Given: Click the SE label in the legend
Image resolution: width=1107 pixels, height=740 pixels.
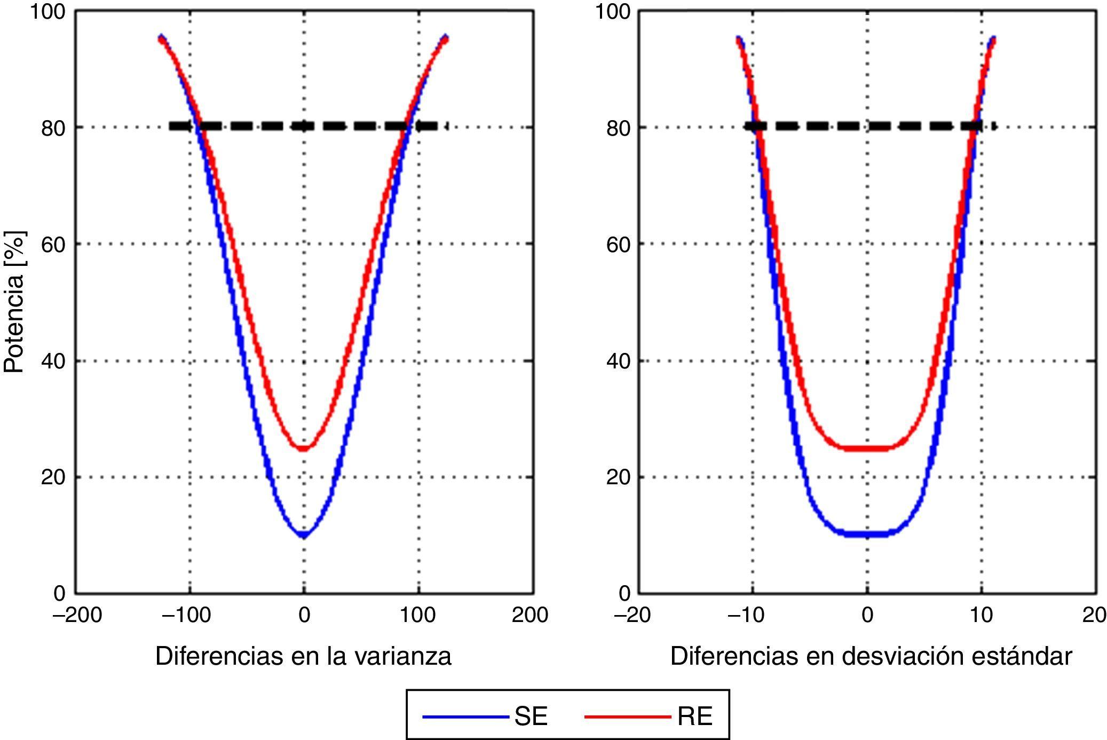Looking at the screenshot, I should point(531,716).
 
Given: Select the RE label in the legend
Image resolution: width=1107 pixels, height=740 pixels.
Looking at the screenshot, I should point(694,716).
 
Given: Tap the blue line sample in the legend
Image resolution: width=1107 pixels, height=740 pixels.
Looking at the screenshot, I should point(465,717).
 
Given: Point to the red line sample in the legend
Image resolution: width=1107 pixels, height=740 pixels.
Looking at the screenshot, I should point(627,717).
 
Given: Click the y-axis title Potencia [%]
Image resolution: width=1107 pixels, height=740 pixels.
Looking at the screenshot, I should point(14,302).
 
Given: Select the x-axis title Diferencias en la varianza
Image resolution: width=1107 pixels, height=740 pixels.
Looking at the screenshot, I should point(303,656).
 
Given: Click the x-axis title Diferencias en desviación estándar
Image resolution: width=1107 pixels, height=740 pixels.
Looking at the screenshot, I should point(871,656).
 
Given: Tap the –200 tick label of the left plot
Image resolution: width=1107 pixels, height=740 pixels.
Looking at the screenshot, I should point(77,615).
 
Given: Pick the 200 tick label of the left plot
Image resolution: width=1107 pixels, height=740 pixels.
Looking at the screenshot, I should point(529,615).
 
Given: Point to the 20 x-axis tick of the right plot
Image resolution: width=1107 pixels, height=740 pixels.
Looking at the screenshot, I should point(1094,615).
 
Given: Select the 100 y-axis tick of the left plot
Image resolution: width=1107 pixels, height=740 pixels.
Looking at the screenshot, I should point(47,12).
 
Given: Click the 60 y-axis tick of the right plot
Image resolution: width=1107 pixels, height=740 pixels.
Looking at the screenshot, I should point(619,245).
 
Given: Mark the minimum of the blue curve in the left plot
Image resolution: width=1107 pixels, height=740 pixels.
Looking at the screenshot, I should point(304,534).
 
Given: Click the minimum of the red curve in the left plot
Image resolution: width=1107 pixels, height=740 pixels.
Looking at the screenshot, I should point(304,448).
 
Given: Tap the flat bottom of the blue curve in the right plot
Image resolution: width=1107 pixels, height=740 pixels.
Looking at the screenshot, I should point(867,533).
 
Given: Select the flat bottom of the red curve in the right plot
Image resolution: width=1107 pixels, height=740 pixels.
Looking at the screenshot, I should point(867,448).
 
